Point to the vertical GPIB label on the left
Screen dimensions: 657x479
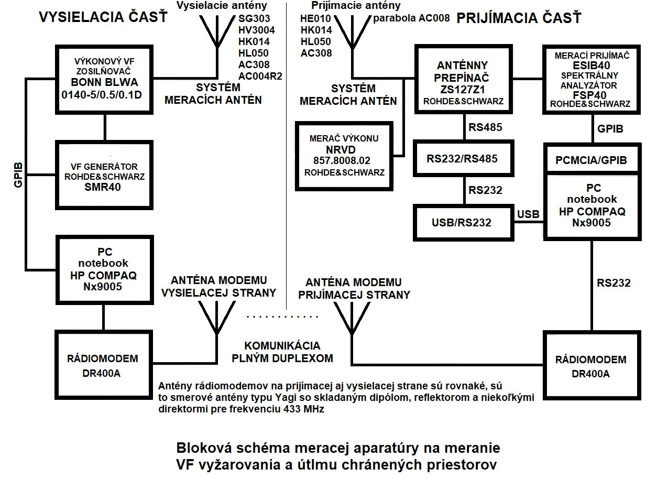18,175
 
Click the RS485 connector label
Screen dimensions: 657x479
486,127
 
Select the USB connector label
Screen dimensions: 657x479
528,214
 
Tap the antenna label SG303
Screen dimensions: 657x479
254,18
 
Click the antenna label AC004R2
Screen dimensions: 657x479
260,77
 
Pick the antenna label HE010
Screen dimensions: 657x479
315,18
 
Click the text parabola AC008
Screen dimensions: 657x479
411,18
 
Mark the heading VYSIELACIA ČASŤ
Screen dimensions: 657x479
103,16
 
